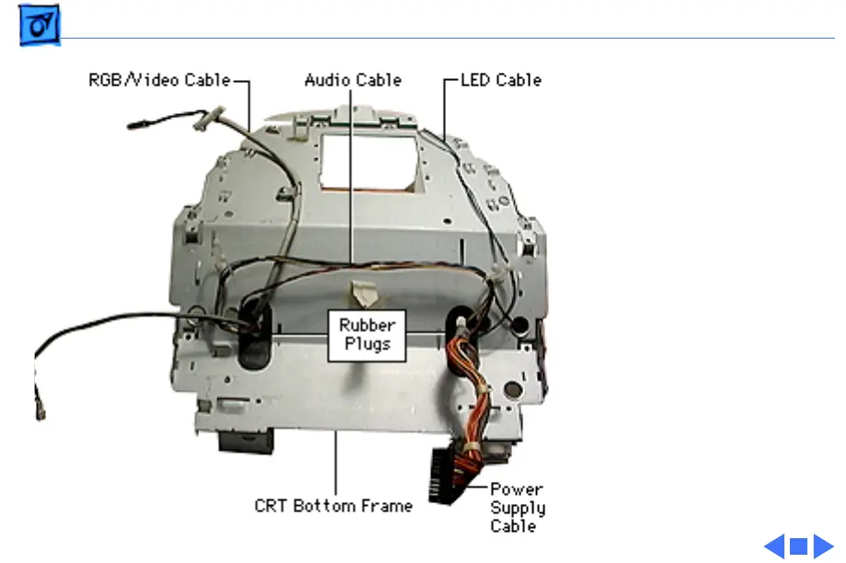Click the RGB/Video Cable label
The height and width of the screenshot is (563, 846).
[159, 80]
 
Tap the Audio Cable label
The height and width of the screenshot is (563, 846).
[353, 80]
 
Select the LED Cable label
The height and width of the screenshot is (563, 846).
[501, 80]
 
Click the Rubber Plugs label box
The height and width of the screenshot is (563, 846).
[367, 335]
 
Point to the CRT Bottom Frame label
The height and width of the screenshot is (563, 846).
[334, 505]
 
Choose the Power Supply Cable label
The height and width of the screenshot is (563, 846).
[517, 507]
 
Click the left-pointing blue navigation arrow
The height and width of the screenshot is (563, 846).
[774, 546]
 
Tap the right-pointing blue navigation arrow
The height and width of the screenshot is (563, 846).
[823, 546]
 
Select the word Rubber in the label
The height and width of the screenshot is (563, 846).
[367, 326]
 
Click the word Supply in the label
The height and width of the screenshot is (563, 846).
[518, 508]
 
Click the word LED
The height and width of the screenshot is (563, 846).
[476, 80]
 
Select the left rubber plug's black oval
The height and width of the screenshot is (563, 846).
[248, 330]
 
